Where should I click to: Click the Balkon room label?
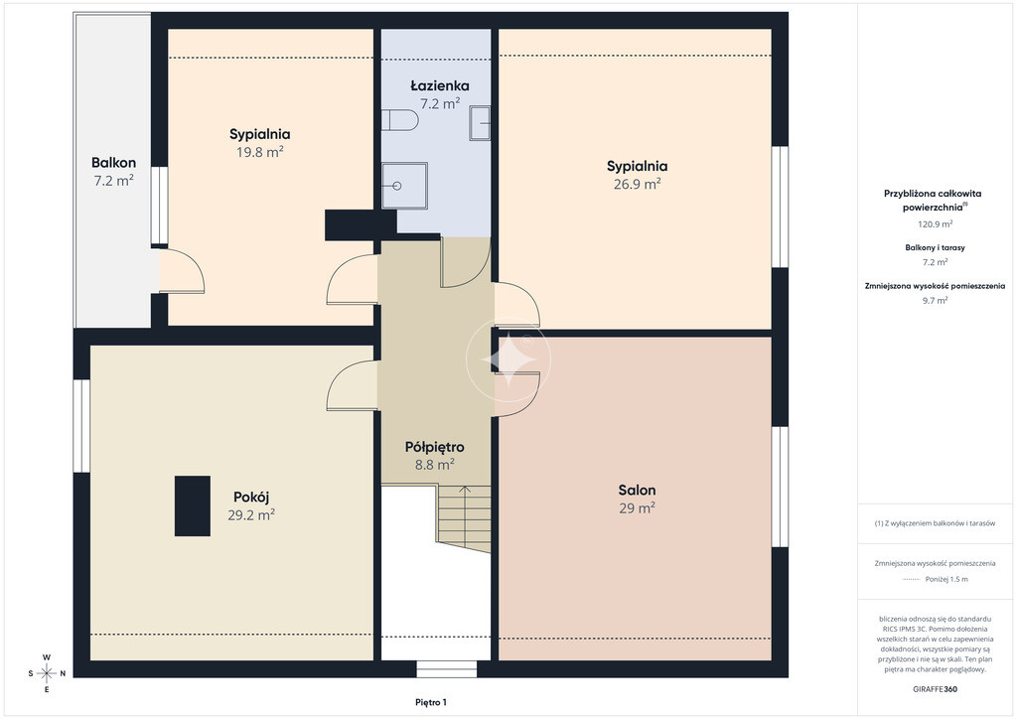coord(113,163)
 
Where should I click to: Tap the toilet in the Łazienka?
coord(399,120)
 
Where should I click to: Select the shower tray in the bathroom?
coord(404,186)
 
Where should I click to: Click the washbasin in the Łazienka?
coord(480,122)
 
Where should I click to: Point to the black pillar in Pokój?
coord(193,505)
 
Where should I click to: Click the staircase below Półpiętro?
coord(463,518)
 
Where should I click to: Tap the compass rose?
coord(47,673)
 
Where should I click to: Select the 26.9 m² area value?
coord(637,184)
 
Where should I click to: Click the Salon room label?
coord(637,491)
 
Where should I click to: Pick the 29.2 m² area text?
coord(251,515)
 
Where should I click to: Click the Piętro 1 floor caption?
coord(431,702)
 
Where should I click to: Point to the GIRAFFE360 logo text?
coord(935,689)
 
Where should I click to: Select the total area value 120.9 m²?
coord(935,224)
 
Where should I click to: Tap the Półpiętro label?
coord(435,447)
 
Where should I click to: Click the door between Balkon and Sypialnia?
coord(183,271)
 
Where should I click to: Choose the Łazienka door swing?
coord(465,262)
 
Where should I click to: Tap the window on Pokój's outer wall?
coord(81,426)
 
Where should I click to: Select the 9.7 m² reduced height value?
coord(935,301)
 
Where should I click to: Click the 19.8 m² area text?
coord(259,152)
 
